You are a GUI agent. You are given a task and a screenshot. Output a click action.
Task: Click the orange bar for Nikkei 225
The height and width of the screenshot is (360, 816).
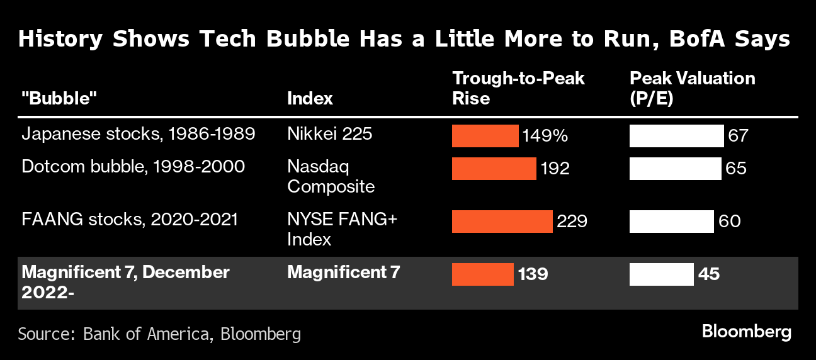[x=485, y=136]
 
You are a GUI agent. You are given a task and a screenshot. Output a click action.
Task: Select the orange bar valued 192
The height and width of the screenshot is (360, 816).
[x=494, y=168]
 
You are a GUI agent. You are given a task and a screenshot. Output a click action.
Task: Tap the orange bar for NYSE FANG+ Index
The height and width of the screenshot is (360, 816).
[x=502, y=221]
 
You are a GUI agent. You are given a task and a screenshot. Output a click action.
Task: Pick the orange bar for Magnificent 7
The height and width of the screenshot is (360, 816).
[x=482, y=274]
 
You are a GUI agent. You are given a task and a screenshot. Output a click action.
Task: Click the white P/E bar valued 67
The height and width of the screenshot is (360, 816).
[x=677, y=136]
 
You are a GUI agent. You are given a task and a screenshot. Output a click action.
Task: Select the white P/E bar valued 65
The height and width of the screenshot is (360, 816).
[x=676, y=168]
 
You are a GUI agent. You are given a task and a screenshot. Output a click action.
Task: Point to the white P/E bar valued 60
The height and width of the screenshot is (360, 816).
[x=672, y=221]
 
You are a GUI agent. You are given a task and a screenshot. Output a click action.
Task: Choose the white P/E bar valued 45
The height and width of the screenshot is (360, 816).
[x=662, y=274]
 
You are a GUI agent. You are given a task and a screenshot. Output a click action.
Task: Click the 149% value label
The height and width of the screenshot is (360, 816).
[x=545, y=136]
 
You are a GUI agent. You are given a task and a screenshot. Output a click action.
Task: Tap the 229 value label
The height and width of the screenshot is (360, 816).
[x=572, y=221]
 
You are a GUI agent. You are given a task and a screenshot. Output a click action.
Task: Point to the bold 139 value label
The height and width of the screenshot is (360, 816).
[x=533, y=274]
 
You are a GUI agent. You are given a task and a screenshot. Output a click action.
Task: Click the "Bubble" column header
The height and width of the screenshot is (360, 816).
[x=60, y=98]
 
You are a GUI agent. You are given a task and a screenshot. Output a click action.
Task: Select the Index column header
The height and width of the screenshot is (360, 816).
[x=310, y=98]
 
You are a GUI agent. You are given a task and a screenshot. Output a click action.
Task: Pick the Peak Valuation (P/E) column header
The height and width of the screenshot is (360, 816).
[x=692, y=88]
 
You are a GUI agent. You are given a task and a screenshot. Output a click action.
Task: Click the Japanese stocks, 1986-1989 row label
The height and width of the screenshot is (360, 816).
[x=138, y=135]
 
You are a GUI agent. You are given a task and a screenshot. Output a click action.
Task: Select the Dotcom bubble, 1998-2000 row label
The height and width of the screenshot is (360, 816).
[x=133, y=167]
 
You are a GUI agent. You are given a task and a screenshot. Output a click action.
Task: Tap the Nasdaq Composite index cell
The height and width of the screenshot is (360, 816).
[x=331, y=177]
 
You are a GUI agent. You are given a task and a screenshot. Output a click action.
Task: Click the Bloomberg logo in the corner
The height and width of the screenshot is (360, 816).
[x=746, y=332]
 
